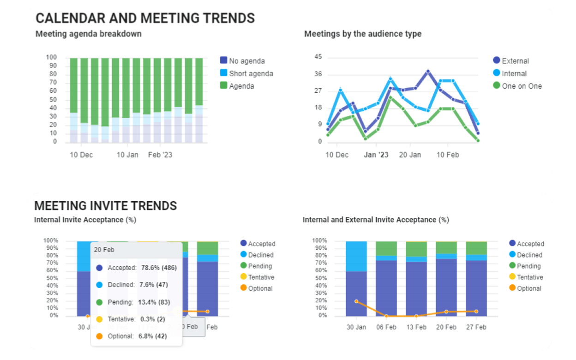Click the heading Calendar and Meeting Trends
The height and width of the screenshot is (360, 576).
click(145, 18)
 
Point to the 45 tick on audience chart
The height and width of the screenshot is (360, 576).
click(318, 57)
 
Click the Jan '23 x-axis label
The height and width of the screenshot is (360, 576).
click(376, 155)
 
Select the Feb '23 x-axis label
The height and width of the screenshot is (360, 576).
click(160, 155)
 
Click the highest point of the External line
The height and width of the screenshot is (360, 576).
click(428, 71)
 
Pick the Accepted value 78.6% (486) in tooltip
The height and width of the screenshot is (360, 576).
click(157, 268)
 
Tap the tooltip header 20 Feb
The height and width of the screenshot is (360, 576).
click(104, 250)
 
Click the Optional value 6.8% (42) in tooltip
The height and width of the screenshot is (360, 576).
click(152, 336)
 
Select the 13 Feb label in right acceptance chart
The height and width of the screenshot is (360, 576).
click(416, 327)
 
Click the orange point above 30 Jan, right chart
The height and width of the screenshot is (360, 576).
click(356, 301)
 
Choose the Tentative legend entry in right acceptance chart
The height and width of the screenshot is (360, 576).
click(529, 277)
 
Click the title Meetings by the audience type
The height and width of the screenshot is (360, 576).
click(363, 34)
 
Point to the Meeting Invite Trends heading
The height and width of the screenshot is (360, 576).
click(106, 205)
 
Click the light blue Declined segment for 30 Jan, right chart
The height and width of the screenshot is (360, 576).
click(356, 256)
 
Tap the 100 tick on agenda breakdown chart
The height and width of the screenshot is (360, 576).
click(51, 57)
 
